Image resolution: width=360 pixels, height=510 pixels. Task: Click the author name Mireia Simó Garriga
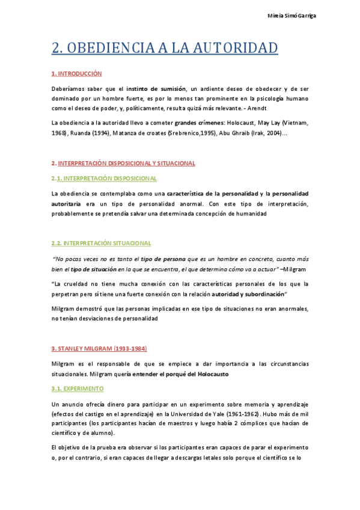coord(291,16)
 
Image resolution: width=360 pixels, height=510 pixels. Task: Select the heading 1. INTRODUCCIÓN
coord(76,73)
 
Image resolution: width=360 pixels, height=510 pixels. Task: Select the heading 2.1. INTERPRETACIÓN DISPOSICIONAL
coord(105,178)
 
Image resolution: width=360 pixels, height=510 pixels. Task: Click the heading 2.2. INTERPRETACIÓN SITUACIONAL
coord(101,242)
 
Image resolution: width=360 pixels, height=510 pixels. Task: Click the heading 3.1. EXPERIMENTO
coord(78,389)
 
